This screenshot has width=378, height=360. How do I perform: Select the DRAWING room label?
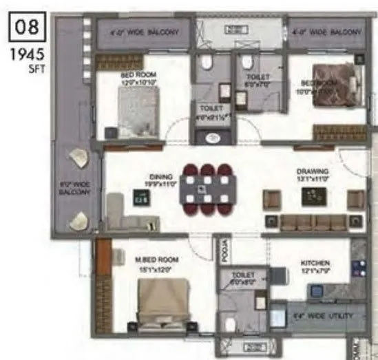tap(313, 173)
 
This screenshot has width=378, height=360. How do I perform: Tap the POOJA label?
tap(223, 252)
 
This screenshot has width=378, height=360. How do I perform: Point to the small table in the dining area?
tap(140, 199)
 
